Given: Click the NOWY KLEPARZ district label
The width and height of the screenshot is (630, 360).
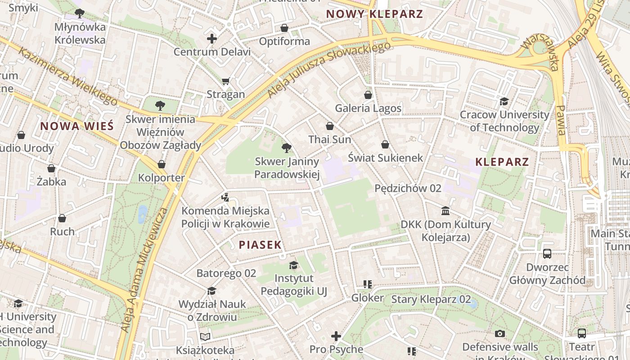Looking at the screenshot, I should coord(374,14).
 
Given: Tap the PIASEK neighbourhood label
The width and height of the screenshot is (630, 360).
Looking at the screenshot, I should coord(260,245).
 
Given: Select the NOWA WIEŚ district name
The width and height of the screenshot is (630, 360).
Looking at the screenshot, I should coord(77,126).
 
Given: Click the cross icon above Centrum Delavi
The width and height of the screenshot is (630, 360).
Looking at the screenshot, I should coord(212,39).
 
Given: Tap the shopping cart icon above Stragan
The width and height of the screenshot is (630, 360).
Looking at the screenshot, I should coord(225,81).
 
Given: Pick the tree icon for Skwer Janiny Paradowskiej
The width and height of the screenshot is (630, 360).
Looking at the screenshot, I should coord(286,148).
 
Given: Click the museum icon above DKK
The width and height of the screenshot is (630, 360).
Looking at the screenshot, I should coord(445,211).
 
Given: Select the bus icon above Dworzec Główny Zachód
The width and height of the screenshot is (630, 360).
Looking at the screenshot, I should coord(547,254).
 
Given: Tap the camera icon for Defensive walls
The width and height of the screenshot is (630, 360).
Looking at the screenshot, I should coord(500,333).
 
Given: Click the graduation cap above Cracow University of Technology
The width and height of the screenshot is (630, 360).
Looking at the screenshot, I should coord(504,102).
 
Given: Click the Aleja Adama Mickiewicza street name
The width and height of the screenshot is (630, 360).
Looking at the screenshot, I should coord(144,270).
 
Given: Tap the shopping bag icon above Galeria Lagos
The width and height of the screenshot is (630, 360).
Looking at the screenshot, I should coord(368,95).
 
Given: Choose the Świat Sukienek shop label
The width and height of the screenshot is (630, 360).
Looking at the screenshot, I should coord(386,157).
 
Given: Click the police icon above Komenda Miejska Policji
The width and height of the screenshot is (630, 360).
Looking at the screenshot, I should coord(225,197).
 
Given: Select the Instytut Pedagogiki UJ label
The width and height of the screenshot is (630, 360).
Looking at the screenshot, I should coord(294,285).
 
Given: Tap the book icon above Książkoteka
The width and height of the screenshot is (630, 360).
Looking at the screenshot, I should coord(205,337).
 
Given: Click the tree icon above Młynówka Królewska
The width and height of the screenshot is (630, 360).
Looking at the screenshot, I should coord(80,13).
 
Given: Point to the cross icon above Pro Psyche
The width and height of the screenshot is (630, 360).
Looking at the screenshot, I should coord(336,336).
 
